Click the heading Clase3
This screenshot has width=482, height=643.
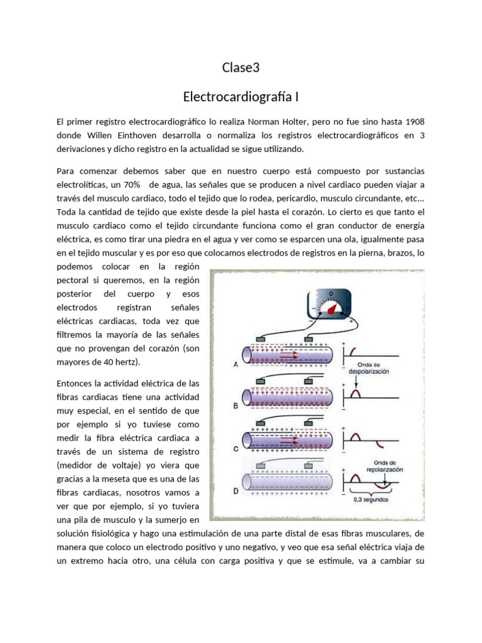[240, 67]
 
